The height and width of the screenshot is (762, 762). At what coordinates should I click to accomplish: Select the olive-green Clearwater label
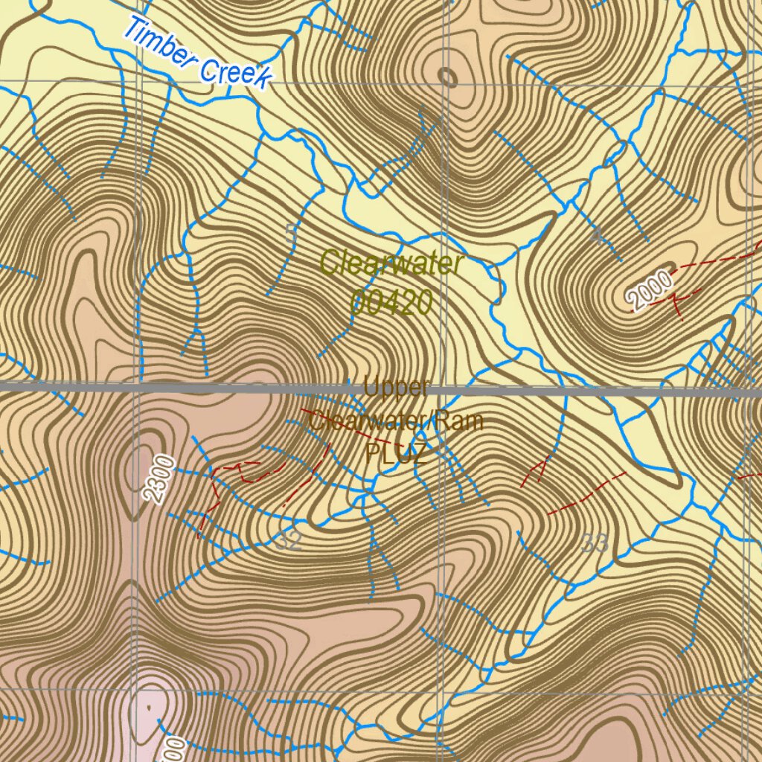pyautogui.click(x=392, y=263)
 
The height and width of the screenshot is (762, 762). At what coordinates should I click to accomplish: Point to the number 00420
pyautogui.click(x=391, y=302)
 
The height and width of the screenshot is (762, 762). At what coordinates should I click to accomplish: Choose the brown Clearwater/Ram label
pyautogui.click(x=396, y=422)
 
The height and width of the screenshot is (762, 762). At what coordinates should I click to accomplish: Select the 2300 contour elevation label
pyautogui.click(x=160, y=481)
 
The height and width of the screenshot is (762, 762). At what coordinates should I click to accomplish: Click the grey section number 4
pyautogui.click(x=598, y=237)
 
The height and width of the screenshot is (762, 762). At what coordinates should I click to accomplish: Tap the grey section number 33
pyautogui.click(x=595, y=544)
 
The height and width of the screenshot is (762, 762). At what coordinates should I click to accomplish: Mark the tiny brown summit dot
pyautogui.click(x=150, y=708)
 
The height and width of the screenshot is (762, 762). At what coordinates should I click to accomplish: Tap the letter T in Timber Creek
pyautogui.click(x=132, y=29)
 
